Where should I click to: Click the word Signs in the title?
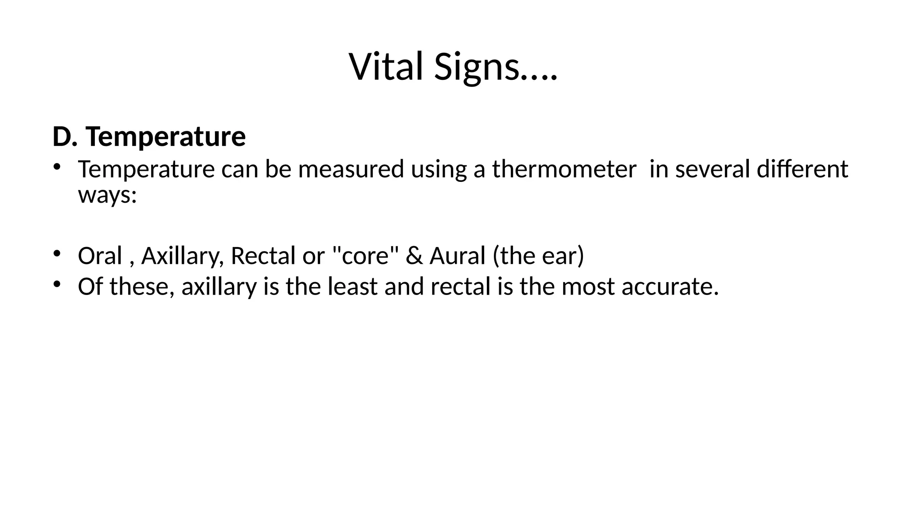[477, 67]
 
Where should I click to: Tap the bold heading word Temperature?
[166, 137]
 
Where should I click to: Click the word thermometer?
[564, 169]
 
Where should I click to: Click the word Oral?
[100, 256]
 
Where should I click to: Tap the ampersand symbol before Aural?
[414, 256]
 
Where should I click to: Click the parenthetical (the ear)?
[538, 256]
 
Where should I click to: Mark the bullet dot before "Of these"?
[56, 283]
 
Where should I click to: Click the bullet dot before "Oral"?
[56, 253]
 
